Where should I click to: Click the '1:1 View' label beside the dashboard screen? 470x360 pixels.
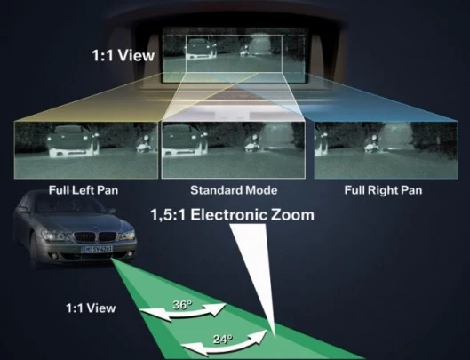click(123, 55)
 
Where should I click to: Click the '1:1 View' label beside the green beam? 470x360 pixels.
click(91, 308)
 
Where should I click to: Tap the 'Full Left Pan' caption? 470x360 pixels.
click(84, 190)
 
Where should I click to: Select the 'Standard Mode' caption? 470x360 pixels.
click(234, 190)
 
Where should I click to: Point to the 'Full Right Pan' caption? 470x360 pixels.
click(383, 190)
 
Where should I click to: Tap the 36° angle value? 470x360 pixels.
click(182, 305)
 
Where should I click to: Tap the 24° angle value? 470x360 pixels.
click(223, 340)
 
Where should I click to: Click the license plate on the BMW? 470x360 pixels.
click(98, 249)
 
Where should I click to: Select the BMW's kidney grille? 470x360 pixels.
click(95, 236)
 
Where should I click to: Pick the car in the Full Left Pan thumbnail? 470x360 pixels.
click(73, 141)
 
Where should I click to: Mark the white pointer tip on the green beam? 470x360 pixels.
click(274, 336)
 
